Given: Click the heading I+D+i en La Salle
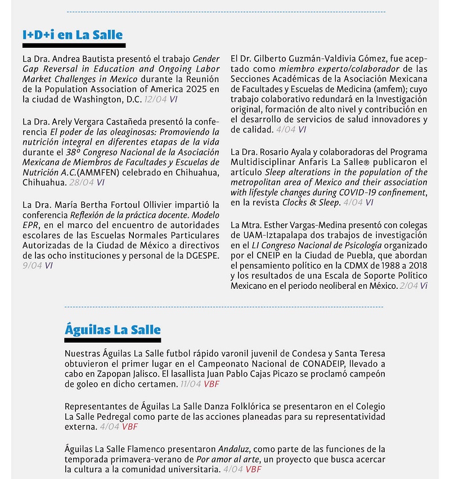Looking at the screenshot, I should pos(73,35).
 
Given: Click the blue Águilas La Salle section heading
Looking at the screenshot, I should pos(112,330).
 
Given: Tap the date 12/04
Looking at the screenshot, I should pos(155,99).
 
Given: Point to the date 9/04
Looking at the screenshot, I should pos(33,266).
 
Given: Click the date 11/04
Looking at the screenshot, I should pos(191,384).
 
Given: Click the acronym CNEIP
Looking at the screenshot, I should pos(262,256).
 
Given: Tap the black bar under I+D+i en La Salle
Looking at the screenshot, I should pos(74,45).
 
